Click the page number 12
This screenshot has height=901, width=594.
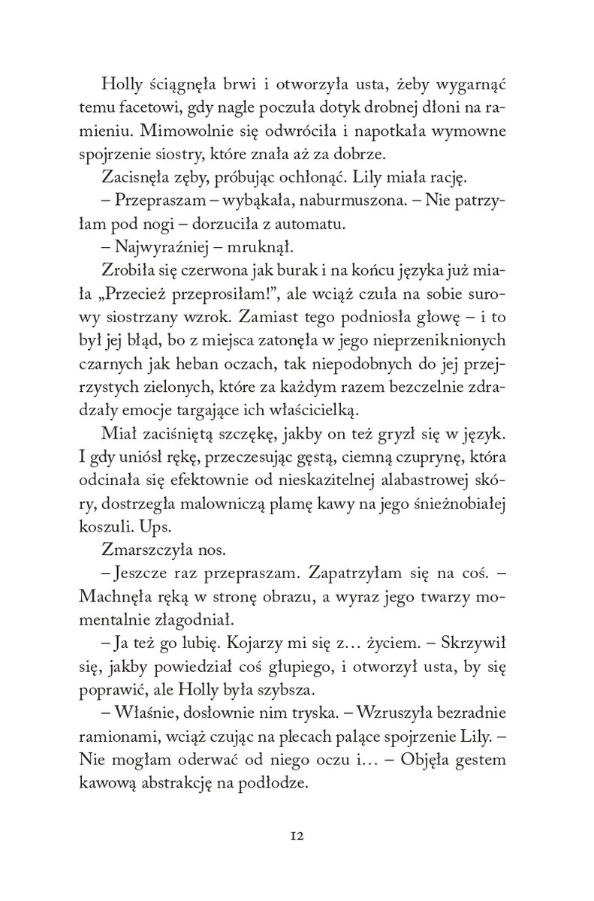pyautogui.click(x=297, y=836)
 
